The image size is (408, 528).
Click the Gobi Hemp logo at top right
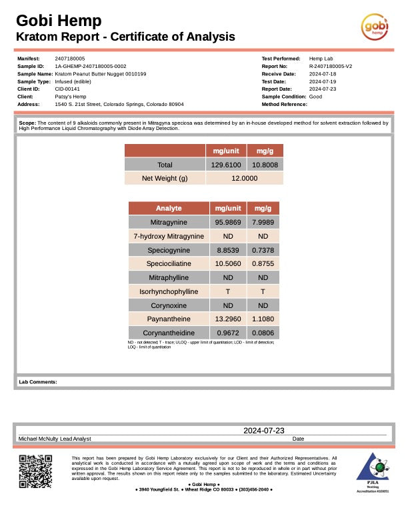pos(375,27)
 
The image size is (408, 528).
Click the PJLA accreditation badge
pos(373,473)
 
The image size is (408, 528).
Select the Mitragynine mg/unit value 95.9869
pos(227,222)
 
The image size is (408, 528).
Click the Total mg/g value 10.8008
pos(265,165)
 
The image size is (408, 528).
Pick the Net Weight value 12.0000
pos(244,178)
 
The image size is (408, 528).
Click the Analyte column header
pos(169,208)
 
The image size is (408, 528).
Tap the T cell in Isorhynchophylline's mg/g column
pos(263,291)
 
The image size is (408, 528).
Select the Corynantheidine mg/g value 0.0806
pos(263,332)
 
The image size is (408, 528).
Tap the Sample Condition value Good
pos(315,97)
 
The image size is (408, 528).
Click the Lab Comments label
pos(38,382)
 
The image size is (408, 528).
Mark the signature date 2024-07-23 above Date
pos(264,431)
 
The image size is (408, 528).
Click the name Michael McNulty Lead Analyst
pos(55,439)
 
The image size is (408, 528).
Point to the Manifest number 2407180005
pos(69,59)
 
